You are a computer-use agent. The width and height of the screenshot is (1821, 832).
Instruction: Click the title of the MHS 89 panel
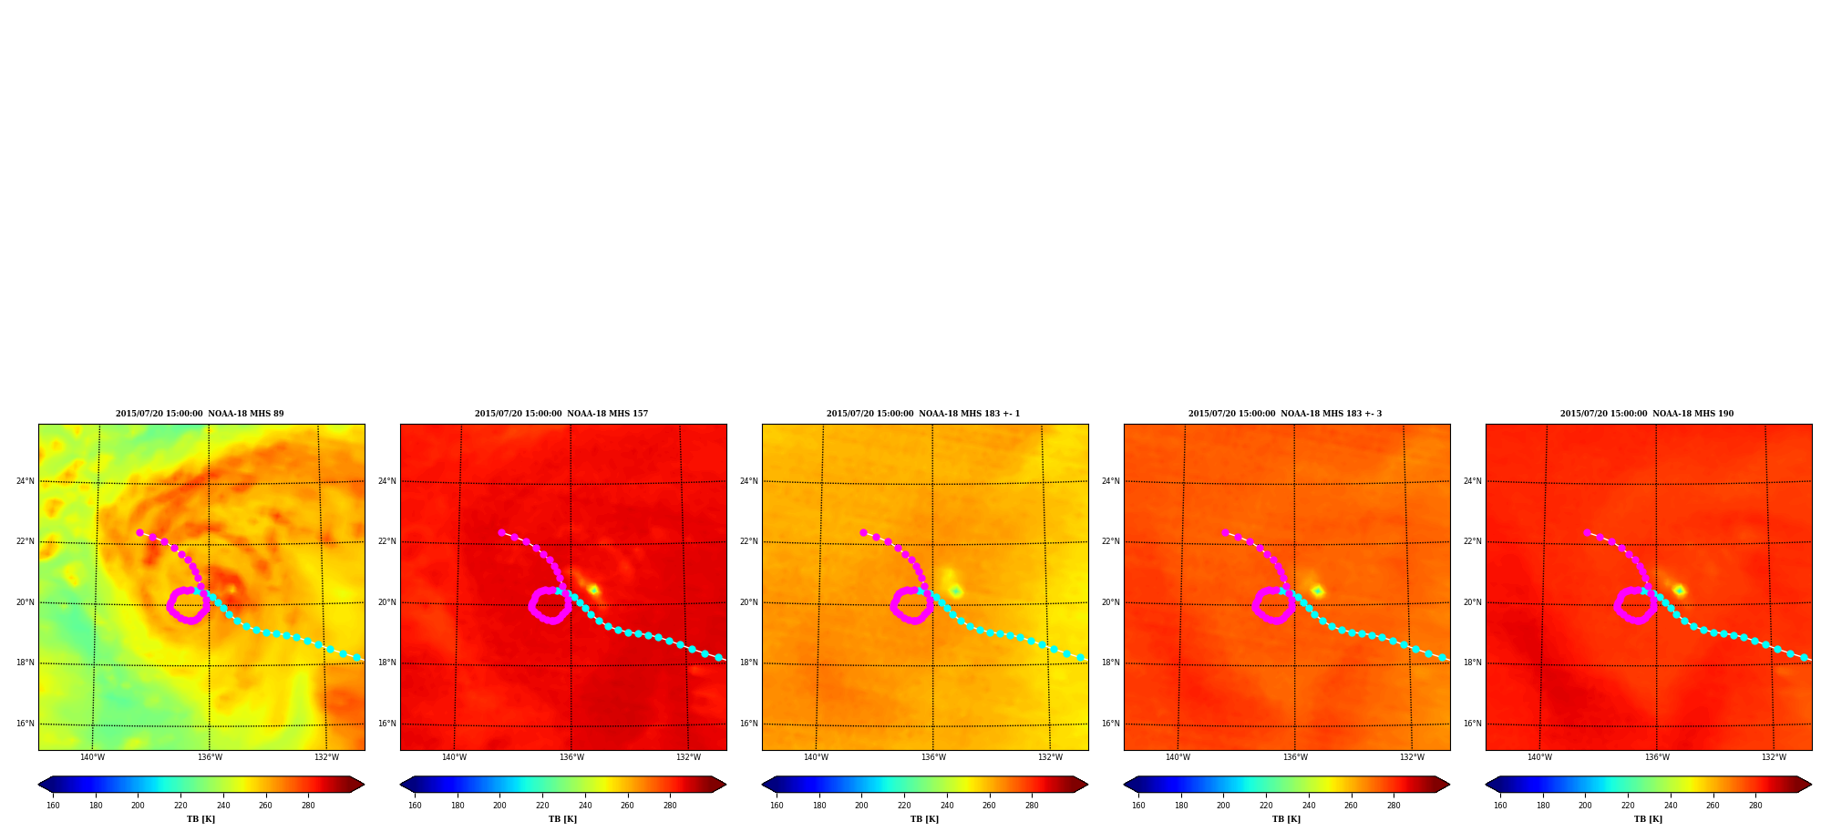pyautogui.click(x=200, y=414)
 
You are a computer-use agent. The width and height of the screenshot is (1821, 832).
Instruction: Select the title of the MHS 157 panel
pyautogui.click(x=561, y=414)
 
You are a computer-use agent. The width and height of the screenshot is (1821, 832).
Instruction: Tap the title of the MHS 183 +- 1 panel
pyautogui.click(x=923, y=414)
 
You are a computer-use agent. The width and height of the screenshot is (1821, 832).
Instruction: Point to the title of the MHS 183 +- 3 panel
pyautogui.click(x=1285, y=414)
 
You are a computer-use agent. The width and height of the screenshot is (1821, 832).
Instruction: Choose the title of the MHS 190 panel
pyautogui.click(x=1647, y=414)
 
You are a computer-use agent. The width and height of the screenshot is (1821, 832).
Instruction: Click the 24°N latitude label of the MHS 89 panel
pyautogui.click(x=26, y=481)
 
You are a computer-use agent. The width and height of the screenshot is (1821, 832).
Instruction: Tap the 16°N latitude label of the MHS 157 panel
pyautogui.click(x=387, y=724)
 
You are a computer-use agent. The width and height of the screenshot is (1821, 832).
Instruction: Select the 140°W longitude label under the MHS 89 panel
pyautogui.click(x=92, y=757)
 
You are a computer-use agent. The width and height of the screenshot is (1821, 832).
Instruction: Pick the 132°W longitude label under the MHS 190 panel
pyautogui.click(x=1774, y=757)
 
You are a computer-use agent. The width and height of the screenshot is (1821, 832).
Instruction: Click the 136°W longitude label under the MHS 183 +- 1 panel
pyautogui.click(x=933, y=757)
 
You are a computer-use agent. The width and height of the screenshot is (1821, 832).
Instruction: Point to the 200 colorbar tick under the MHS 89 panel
pyautogui.click(x=138, y=806)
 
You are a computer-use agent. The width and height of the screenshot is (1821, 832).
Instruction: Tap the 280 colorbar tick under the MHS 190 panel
pyautogui.click(x=1755, y=806)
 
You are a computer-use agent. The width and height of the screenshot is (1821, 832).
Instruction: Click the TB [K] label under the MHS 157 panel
pyautogui.click(x=562, y=819)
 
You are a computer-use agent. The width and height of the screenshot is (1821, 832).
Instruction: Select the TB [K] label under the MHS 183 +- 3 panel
pyautogui.click(x=1286, y=819)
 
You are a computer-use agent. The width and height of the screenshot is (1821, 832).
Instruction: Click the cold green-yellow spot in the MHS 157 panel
pyautogui.click(x=593, y=590)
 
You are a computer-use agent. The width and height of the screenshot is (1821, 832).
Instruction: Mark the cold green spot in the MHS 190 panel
pyautogui.click(x=1679, y=591)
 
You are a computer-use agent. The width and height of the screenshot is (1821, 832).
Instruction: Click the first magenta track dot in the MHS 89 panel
pyautogui.click(x=139, y=532)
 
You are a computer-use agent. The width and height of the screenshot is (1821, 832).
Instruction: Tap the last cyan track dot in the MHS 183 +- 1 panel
pyautogui.click(x=1080, y=657)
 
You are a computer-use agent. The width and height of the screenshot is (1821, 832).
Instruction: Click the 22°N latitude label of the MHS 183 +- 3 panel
pyautogui.click(x=1111, y=541)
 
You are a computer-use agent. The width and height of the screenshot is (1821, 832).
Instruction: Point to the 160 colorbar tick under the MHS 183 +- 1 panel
pyautogui.click(x=777, y=806)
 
